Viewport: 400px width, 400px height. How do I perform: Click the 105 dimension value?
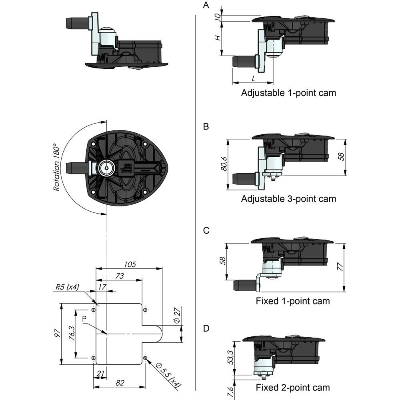130,264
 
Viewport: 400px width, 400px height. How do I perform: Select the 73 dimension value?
119,276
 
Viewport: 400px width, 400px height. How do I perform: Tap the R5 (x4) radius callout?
67,287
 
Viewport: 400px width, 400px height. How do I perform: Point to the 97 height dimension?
57,334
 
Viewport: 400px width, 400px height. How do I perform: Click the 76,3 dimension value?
72,333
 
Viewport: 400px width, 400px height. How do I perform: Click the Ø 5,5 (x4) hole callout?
168,375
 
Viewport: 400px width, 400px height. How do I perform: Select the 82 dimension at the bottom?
120,383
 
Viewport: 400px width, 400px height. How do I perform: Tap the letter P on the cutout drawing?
84,319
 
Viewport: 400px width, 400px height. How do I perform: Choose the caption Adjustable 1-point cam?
288,93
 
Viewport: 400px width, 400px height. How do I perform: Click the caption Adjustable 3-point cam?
288,199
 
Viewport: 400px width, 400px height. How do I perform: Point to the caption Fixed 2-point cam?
293,388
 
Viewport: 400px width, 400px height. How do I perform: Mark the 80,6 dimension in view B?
224,164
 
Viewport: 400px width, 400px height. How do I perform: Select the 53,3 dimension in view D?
230,357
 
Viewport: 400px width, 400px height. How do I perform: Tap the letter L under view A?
253,79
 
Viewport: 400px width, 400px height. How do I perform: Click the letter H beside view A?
218,38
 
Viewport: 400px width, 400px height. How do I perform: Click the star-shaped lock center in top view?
106,168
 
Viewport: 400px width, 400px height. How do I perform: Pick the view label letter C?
206,231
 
